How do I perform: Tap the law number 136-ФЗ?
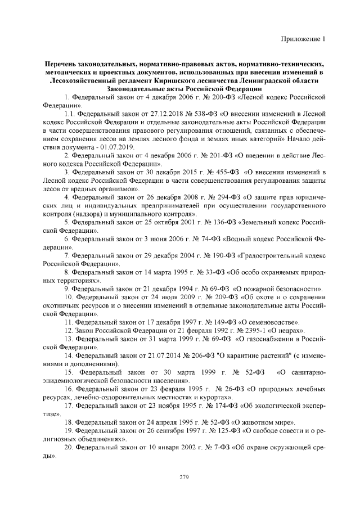tap(223, 223)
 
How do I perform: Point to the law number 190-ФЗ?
tap(225, 256)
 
